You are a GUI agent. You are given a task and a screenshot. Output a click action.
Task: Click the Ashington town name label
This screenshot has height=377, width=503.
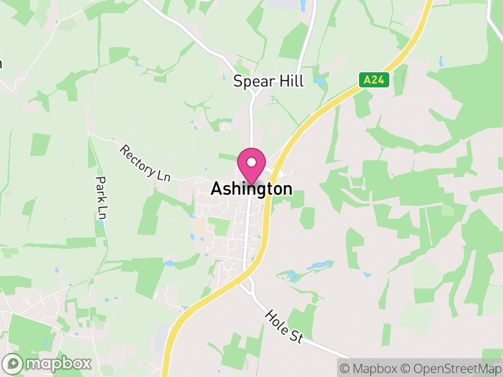pos(251,188)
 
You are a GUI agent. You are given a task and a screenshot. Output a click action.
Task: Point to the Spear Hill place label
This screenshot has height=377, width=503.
pos(268,81)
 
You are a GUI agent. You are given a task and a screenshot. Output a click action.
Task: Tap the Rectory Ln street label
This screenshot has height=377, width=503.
pos(145,163)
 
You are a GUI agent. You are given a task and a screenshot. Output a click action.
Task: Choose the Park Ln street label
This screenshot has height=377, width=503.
pos(101,197)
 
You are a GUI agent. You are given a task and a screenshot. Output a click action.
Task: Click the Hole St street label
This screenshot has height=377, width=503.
pos(284,326)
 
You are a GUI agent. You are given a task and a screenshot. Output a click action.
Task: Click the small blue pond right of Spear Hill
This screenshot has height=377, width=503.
pos(321,81)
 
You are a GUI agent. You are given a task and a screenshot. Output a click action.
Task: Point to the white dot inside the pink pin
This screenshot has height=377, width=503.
pos(251,162)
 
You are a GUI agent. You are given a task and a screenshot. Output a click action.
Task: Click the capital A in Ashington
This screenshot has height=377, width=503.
pos(216,188)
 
